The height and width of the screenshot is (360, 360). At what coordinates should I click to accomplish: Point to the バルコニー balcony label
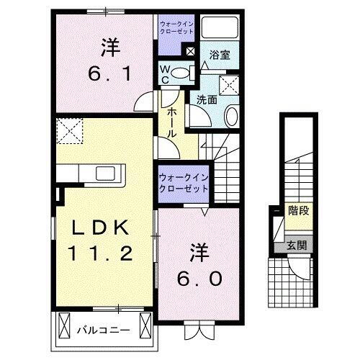[x=102, y=331]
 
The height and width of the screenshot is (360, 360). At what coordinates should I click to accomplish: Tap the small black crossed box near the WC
[x=191, y=51]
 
